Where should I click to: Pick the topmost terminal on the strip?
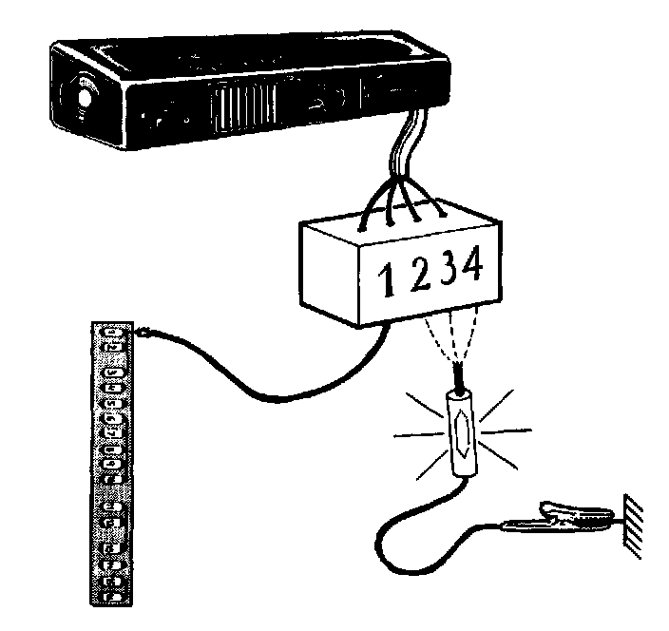pyautogui.click(x=113, y=334)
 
